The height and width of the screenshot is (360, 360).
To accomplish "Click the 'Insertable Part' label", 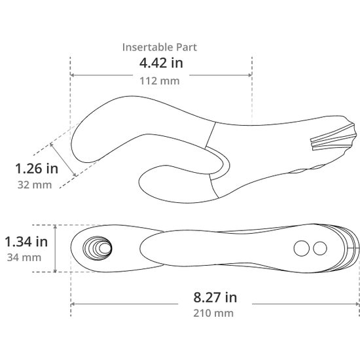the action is (x=160, y=47).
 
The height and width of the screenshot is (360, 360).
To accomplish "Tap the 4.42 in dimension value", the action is (x=161, y=63).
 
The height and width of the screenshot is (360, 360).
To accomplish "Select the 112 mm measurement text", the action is (x=160, y=81).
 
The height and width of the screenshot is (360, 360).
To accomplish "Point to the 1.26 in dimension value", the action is (x=37, y=168).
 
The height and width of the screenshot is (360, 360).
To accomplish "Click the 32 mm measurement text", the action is (x=35, y=185).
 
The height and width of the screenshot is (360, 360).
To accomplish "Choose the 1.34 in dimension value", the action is (x=26, y=242).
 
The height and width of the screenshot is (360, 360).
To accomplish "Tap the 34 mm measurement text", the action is (x=24, y=257).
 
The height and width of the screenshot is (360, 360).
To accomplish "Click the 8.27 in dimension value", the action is (x=215, y=297).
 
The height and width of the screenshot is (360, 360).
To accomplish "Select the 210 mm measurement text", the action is (x=213, y=313).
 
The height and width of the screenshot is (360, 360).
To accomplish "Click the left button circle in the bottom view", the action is (x=302, y=248).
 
